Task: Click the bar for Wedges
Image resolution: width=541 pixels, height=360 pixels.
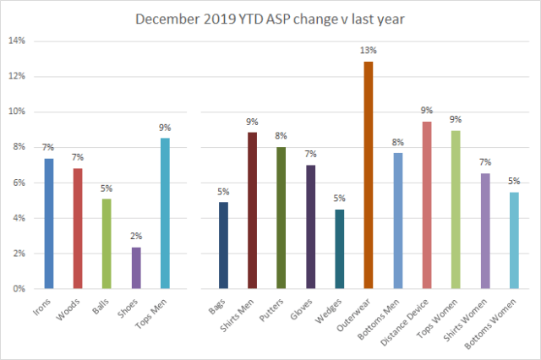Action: point(339,249)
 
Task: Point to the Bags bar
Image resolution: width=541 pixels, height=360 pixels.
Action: point(224,246)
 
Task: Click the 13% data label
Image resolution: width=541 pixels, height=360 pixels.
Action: point(369,49)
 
